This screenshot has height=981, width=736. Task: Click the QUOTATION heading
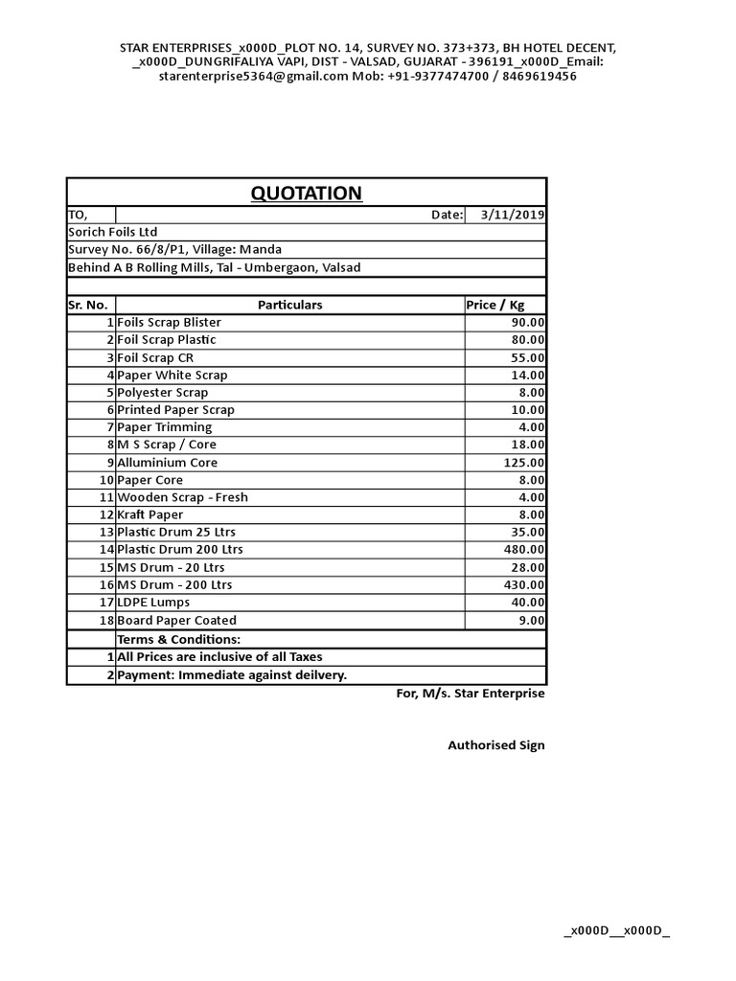[x=307, y=194]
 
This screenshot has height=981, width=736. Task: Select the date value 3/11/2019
[x=513, y=216]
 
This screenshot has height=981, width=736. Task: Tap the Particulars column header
[x=289, y=305]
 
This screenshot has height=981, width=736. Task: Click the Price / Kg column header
[x=495, y=305]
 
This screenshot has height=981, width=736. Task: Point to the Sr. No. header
[x=88, y=305]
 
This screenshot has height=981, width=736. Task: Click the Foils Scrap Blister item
[x=169, y=323]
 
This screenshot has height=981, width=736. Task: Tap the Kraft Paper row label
[x=150, y=515]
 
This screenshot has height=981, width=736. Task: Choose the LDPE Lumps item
[x=153, y=603]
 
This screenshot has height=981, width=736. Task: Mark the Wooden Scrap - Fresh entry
[x=182, y=498]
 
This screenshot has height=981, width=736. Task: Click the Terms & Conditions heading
[x=178, y=639]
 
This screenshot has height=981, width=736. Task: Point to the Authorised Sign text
[x=496, y=745]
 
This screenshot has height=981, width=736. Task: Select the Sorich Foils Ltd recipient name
[x=112, y=233]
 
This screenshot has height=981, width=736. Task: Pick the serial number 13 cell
[x=105, y=533]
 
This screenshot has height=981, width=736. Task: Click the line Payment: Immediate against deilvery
[x=232, y=675]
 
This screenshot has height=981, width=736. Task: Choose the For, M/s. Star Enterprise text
[x=471, y=694]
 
